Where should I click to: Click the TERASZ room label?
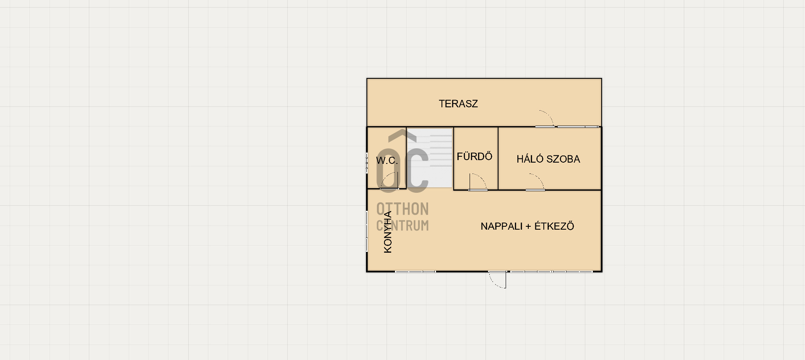tap(458, 104)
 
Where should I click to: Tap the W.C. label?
tap(387, 161)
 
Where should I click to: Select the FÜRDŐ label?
tap(474, 156)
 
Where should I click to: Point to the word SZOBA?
tap(565, 159)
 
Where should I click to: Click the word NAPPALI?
tap(501, 226)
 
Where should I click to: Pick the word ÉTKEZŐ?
tap(554, 226)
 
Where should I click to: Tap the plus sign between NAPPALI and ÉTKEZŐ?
tap(528, 227)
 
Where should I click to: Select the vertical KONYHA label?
tap(388, 232)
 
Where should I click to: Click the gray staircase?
tap(430, 158)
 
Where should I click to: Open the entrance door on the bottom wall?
tap(497, 280)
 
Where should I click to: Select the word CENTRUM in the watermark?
tap(402, 225)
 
